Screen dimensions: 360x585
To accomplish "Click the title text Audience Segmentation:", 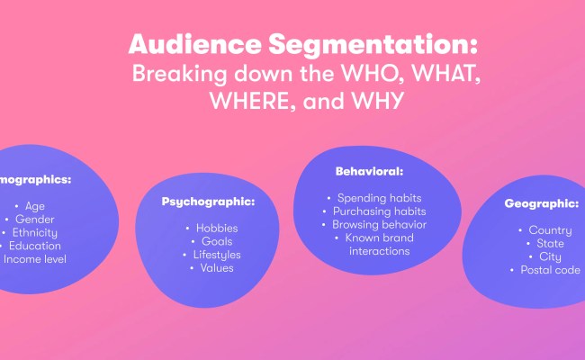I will tap(302, 44).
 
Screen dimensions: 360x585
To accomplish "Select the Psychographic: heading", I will tap(208, 201).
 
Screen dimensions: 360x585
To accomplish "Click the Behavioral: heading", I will tap(369, 170).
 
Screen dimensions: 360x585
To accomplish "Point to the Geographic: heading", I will tap(540, 203).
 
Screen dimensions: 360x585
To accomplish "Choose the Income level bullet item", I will tap(34, 259).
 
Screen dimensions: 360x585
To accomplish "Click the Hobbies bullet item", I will tap(216, 228).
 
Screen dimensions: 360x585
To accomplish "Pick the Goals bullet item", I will tap(216, 241).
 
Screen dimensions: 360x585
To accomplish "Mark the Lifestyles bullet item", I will tap(216, 255).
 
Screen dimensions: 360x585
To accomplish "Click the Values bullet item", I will tap(216, 267).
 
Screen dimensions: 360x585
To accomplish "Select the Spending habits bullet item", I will tap(378, 197).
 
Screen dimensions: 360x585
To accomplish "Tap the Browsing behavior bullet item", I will tap(379, 224).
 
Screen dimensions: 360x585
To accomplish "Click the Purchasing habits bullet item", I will tap(378, 211).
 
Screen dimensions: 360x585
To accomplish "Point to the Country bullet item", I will tap(549, 230).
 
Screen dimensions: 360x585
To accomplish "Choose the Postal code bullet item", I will tap(549, 270).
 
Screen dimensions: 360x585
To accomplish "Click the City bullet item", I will tap(550, 256).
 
